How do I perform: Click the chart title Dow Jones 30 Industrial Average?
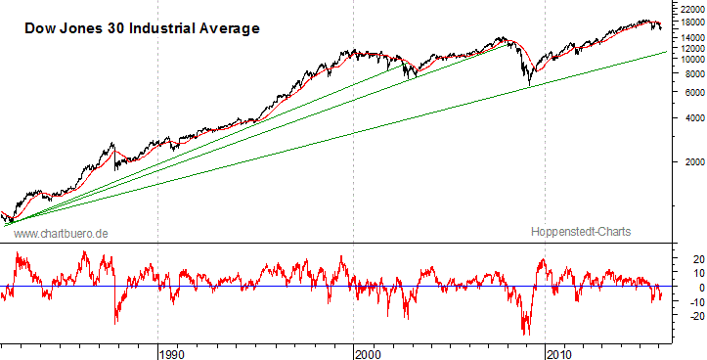click(142, 29)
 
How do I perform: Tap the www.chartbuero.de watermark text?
click(61, 233)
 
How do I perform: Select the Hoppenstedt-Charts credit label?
click(581, 232)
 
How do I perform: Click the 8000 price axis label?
click(686, 73)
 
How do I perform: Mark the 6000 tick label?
click(686, 93)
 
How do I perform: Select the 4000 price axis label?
click(686, 119)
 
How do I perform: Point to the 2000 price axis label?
click(686, 162)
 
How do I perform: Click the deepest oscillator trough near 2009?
click(526, 334)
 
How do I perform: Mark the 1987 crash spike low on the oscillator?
click(116, 322)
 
